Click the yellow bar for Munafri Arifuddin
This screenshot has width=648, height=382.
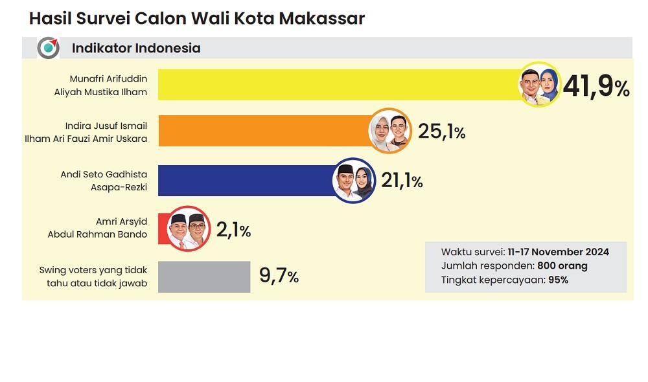337,84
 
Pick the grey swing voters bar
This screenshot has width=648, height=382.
204,276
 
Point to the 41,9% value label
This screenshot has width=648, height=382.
596,87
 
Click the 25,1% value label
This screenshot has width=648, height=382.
441,132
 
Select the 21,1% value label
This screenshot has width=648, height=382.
401,181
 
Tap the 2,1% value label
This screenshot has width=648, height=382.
233,229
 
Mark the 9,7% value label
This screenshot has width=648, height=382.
279,276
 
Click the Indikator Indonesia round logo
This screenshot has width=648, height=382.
48,48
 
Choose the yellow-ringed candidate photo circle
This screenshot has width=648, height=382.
540,84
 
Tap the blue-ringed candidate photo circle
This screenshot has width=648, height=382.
354,180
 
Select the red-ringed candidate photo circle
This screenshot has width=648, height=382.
187,228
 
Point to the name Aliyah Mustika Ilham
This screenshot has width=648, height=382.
100,92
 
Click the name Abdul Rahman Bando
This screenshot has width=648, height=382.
97,234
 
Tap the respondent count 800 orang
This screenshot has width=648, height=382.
562,266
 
